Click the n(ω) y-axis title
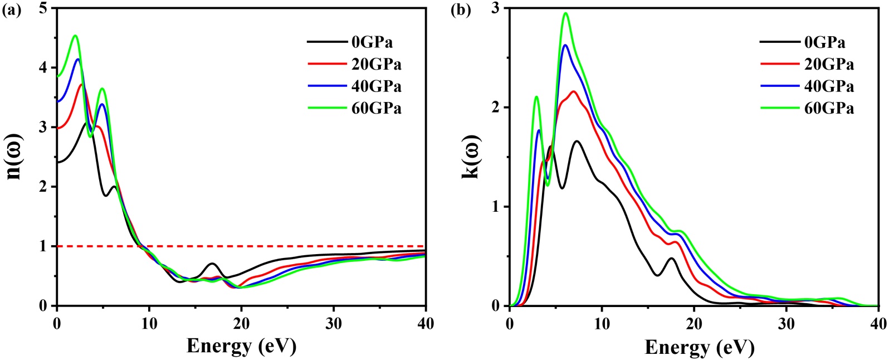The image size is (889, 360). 16,157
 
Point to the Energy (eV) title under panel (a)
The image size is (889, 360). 241,346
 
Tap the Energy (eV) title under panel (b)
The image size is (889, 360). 699,348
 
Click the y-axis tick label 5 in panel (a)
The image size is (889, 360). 44,9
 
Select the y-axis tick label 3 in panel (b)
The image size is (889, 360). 496,9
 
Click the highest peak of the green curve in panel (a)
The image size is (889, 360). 75,36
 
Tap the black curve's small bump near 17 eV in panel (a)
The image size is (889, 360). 212,264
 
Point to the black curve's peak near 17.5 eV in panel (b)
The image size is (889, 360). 672,259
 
